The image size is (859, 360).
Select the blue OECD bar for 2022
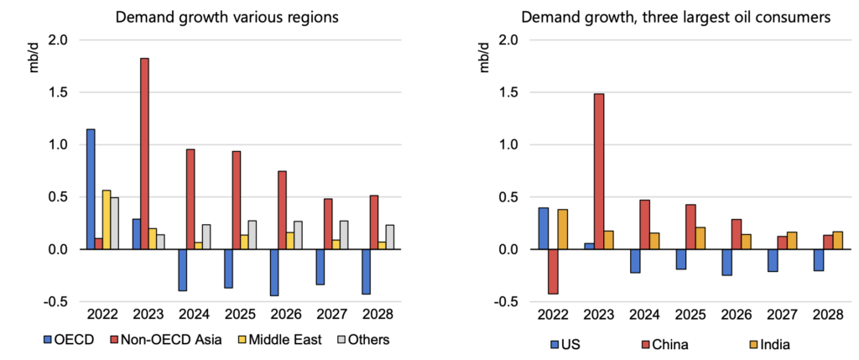(90, 189)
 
